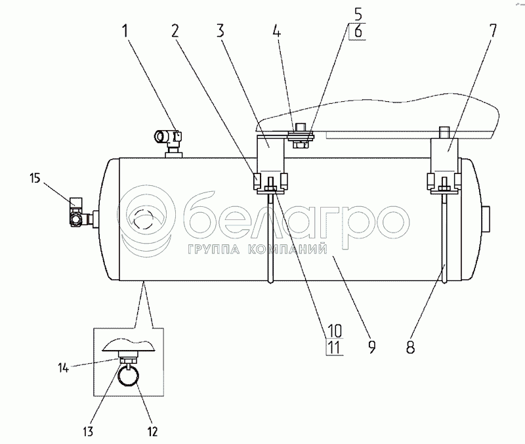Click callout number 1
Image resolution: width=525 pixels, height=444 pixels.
pos(125,31)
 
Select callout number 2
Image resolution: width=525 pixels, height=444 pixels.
pos(175,31)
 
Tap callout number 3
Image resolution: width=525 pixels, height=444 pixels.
pos(220,31)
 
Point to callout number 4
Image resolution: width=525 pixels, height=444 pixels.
pos(276,31)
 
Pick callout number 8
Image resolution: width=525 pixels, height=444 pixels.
pos(411,347)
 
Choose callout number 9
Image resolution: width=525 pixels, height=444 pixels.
pos(371,347)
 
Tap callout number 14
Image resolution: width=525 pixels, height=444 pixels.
pos(63,368)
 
